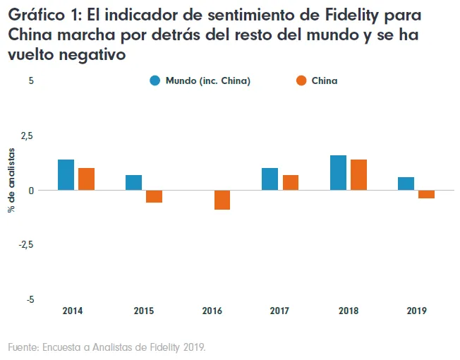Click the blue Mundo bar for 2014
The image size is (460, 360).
click(66, 174)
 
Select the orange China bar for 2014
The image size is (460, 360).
click(86, 179)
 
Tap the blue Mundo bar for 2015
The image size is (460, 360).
click(134, 182)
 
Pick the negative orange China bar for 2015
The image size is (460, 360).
click(154, 196)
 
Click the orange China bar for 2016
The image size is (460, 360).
click(222, 200)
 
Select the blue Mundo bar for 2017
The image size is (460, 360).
click(270, 179)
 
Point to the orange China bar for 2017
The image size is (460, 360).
click(290, 182)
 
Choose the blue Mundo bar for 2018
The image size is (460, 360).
click(338, 172)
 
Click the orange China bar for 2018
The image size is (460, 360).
click(358, 174)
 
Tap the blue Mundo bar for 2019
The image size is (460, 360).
click(406, 184)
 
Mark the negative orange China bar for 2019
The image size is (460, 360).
click(426, 194)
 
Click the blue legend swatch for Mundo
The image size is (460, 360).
click(155, 80)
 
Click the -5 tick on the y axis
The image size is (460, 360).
click(29, 299)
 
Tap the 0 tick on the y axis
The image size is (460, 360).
click(31, 190)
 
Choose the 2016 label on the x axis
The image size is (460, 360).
click(212, 311)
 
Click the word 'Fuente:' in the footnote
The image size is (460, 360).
click(23, 347)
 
